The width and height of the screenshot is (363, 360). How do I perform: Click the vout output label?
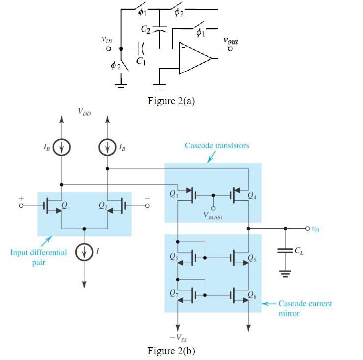point(229,41)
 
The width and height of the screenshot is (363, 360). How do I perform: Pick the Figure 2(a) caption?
point(172,101)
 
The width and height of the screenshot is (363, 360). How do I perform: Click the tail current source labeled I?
point(84,253)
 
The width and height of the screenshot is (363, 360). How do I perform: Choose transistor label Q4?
point(253,194)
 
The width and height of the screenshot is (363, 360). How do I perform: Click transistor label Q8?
point(253,298)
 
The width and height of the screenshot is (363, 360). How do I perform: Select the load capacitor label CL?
point(299,251)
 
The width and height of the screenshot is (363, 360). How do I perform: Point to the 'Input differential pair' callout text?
point(39,257)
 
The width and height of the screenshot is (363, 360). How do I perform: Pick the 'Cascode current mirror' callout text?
point(305,308)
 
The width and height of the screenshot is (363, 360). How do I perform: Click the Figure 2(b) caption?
point(172,351)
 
